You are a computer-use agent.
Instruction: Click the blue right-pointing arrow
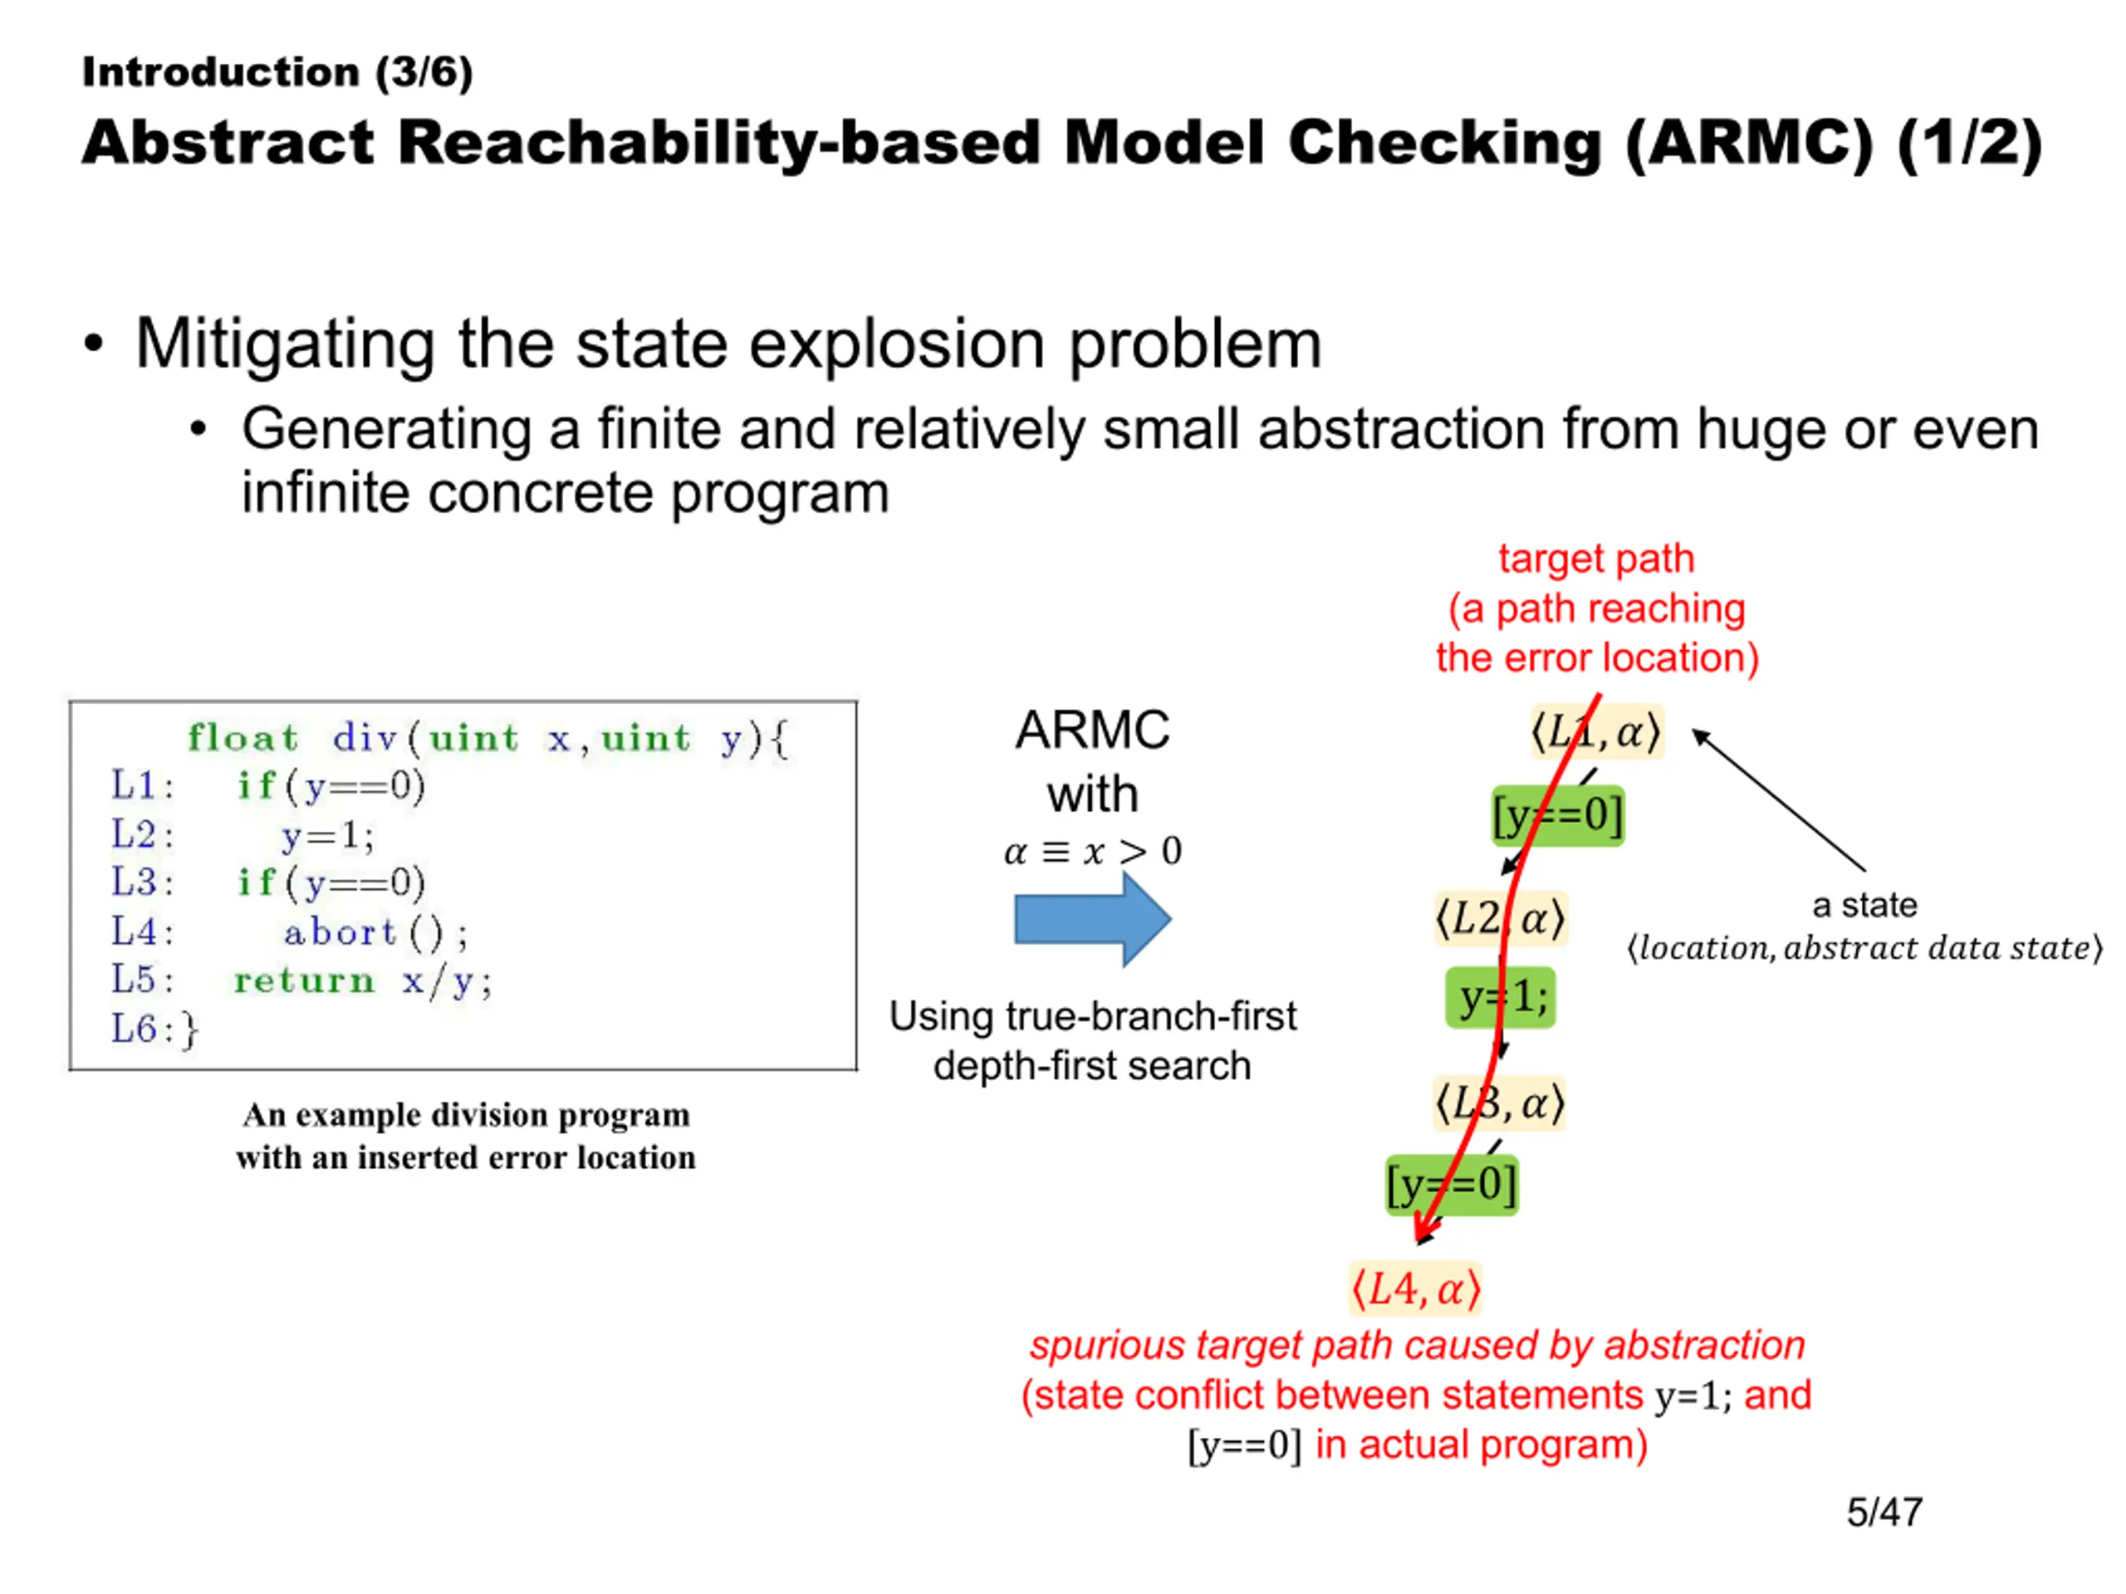point(1093,920)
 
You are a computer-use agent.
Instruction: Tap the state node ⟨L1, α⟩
point(1596,732)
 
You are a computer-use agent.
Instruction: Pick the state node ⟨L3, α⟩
point(1499,1103)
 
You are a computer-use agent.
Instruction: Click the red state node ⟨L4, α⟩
point(1416,1288)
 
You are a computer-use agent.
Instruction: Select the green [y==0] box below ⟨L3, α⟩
point(1452,1185)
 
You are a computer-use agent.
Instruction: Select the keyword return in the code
point(304,980)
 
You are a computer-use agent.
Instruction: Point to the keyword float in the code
point(242,737)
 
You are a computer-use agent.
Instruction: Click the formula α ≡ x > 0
point(1093,850)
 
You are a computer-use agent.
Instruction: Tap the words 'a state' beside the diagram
point(1864,905)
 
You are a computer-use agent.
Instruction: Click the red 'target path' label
point(1596,558)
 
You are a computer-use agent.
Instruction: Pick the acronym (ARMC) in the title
point(1750,143)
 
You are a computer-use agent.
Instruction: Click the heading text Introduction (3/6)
point(277,72)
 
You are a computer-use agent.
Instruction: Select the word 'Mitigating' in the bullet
point(286,344)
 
